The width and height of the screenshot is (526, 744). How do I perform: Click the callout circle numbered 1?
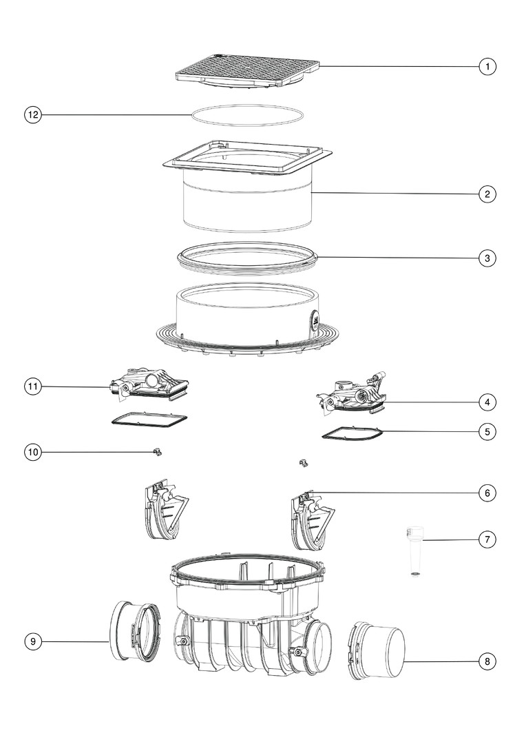pos(487,66)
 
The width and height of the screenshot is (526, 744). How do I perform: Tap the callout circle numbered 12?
pos(33,115)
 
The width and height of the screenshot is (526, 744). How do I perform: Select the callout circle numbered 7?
pos(487,539)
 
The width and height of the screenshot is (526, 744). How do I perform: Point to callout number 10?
pos(33,452)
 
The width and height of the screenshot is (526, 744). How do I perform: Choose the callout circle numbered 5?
pos(487,432)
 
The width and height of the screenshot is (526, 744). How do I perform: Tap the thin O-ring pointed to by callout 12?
pos(247,106)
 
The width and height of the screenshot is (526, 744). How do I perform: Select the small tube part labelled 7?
pos(415,550)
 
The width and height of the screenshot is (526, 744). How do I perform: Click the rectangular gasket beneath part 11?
pos(149,419)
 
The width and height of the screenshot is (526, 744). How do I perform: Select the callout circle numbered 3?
pos(487,258)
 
